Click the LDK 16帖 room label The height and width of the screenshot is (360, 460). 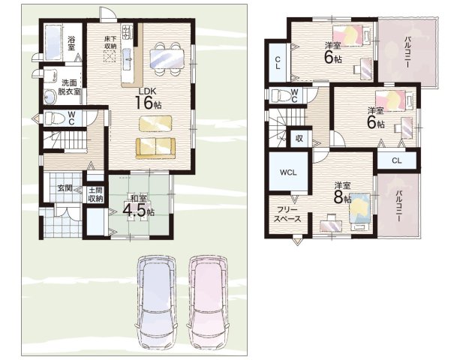(148, 98)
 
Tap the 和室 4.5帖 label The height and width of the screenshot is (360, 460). (139, 206)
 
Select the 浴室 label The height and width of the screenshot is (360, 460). (71, 43)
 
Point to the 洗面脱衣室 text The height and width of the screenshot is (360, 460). (69, 87)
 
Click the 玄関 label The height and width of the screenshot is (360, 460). (65, 188)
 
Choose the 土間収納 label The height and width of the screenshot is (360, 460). (95, 194)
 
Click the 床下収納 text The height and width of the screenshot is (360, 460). (110, 42)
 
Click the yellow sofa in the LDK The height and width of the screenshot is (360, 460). (155, 148)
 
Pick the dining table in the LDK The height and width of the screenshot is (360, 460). (167, 58)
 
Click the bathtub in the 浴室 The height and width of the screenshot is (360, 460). (53, 43)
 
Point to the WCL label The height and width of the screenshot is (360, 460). (288, 172)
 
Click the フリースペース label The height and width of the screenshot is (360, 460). (287, 214)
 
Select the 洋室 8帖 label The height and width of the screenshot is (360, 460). (343, 193)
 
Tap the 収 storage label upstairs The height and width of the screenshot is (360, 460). (299, 138)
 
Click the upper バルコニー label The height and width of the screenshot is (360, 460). (407, 52)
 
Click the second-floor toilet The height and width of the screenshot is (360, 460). (281, 95)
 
